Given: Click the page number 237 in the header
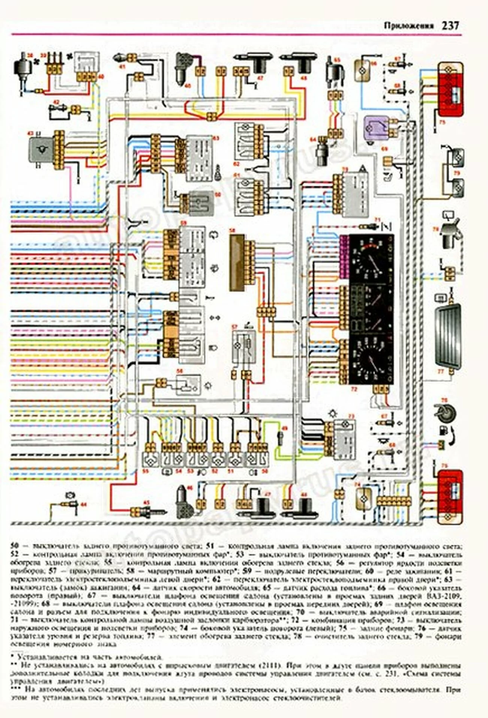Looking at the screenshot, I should (x=450, y=26).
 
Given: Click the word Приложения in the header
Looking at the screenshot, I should (x=409, y=26).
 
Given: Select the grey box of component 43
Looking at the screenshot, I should (x=41, y=150).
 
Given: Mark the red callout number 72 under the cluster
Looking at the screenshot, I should (x=354, y=389).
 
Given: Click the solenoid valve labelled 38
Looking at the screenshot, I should (x=21, y=70).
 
